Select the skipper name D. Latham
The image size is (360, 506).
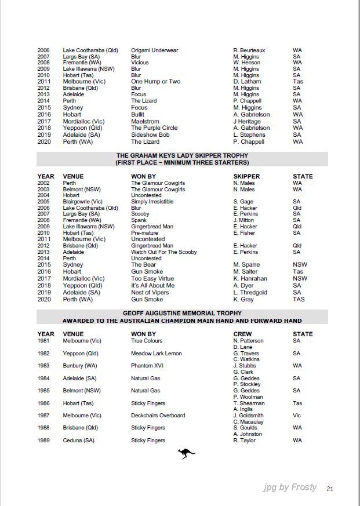click(x=246, y=82)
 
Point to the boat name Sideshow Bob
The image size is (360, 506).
click(x=150, y=135)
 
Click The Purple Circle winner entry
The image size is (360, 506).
click(x=154, y=129)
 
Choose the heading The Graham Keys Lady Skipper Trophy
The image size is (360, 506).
click(x=182, y=156)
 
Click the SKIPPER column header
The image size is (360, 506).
click(x=246, y=176)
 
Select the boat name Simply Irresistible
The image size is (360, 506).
click(x=152, y=202)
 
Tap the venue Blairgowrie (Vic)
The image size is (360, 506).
click(x=82, y=202)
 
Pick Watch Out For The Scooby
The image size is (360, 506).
click(x=163, y=252)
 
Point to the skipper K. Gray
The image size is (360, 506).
click(x=243, y=300)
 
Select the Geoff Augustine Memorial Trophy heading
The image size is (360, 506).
click(x=182, y=314)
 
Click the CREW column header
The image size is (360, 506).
click(x=242, y=334)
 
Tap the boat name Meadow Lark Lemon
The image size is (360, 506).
click(x=156, y=354)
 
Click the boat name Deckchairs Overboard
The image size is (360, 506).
click(x=158, y=416)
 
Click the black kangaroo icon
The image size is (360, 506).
click(x=186, y=453)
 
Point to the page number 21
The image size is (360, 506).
click(x=329, y=489)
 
